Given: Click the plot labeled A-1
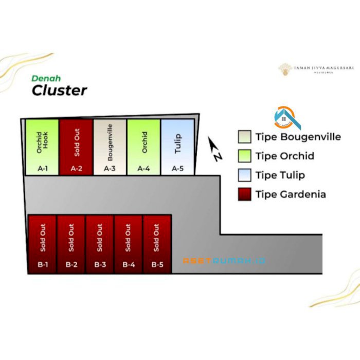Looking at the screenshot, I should click(x=42, y=147).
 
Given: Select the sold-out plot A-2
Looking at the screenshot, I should click(x=76, y=147).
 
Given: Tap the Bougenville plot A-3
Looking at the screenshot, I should click(x=110, y=147).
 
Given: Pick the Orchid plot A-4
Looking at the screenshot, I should click(x=144, y=147).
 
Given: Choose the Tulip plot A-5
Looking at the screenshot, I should click(x=178, y=147).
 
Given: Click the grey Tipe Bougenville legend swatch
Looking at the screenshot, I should click(x=244, y=137).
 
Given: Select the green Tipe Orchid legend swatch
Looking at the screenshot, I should click(x=244, y=156).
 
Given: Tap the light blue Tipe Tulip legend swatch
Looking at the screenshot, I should click(x=244, y=175).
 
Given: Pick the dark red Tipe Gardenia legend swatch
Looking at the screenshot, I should click(x=244, y=194).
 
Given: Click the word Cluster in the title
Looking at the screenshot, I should click(x=59, y=91).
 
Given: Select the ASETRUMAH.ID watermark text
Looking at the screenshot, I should click(x=224, y=261).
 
